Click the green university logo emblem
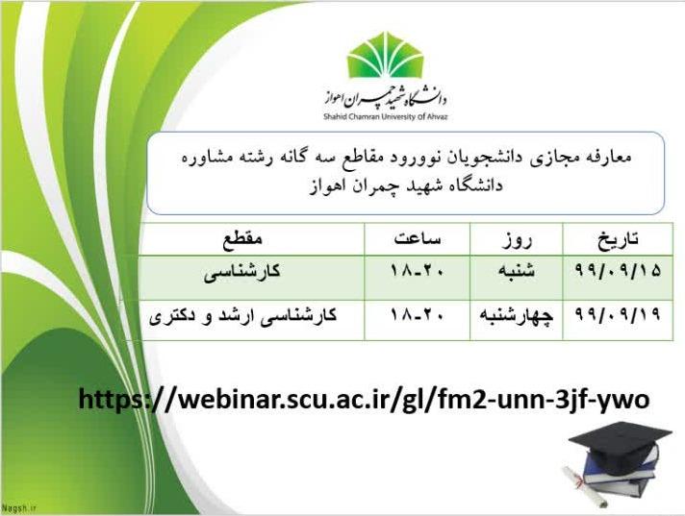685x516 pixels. tap(385, 55)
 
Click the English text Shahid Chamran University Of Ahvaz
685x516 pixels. tap(386, 117)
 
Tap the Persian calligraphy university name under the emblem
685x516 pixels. tap(385, 96)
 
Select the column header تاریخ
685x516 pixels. tap(619, 238)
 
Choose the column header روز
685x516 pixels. tap(517, 239)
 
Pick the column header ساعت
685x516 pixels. tap(418, 238)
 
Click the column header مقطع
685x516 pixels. tap(242, 239)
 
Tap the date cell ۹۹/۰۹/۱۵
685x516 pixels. tap(618, 271)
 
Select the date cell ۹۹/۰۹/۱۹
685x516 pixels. tap(618, 314)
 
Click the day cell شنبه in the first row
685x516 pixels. tap(517, 271)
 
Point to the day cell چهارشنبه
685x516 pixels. tap(517, 315)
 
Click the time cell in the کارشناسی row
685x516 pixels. tap(418, 271)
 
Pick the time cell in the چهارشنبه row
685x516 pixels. tap(418, 314)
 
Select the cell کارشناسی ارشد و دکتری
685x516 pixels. tap(242, 315)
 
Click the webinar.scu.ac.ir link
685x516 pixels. tap(364, 399)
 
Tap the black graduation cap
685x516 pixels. tap(620, 445)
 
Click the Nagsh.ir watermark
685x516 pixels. tap(19, 508)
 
